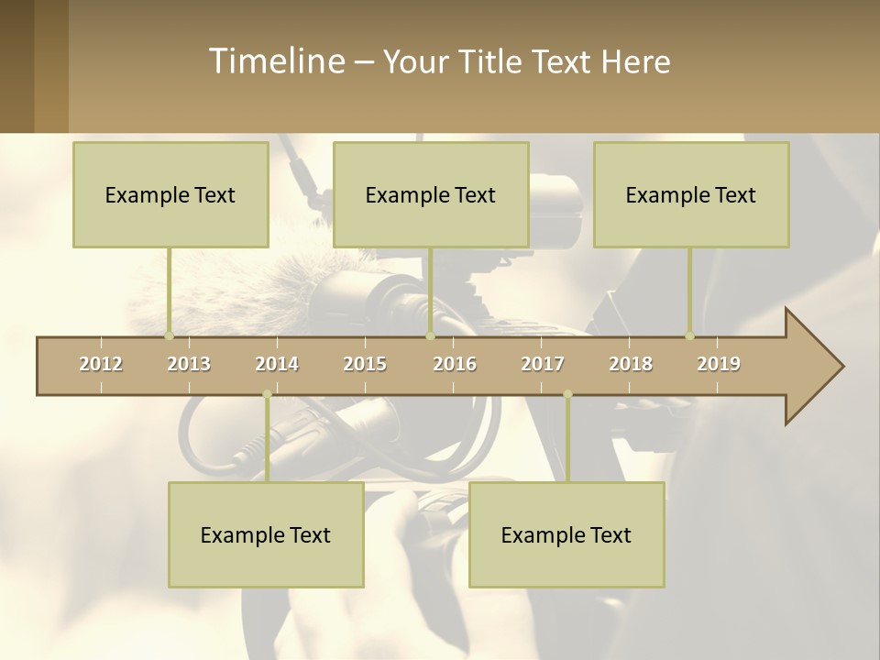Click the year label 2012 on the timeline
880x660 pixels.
[101, 364]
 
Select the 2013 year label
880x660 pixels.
[189, 364]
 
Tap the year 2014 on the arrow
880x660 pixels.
[277, 364]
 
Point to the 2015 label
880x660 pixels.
[365, 364]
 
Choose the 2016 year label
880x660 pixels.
[455, 364]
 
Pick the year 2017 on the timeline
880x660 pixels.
[543, 364]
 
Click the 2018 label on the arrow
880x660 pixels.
[631, 364]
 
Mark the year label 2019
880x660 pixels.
[719, 364]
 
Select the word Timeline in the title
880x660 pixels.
[276, 61]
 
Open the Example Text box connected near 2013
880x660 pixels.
[170, 194]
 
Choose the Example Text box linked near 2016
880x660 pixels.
[431, 194]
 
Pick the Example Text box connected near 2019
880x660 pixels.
[691, 194]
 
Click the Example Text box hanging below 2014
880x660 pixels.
[266, 534]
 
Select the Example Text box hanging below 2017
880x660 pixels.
[566, 534]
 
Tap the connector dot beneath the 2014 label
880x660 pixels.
[267, 394]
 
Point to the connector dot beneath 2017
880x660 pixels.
[567, 394]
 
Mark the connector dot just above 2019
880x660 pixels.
[690, 336]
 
